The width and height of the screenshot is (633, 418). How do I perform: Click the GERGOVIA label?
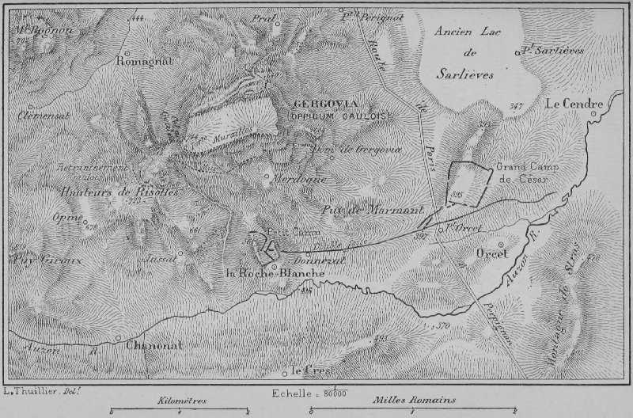click(326, 104)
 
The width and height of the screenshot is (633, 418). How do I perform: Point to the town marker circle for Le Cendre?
click(593, 112)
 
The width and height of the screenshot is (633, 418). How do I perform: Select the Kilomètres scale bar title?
click(181, 401)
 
